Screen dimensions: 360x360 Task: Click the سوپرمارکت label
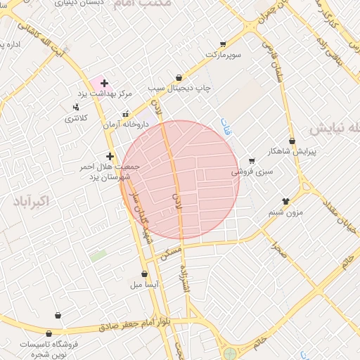[x=223, y=54]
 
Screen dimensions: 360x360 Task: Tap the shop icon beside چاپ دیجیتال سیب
[x=179, y=77]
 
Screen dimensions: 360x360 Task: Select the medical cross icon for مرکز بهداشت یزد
[x=105, y=84]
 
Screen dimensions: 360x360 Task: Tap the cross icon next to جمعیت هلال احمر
[x=110, y=156]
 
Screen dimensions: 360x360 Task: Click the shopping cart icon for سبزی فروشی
[x=252, y=161]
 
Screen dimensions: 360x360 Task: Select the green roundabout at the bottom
[x=229, y=354]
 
